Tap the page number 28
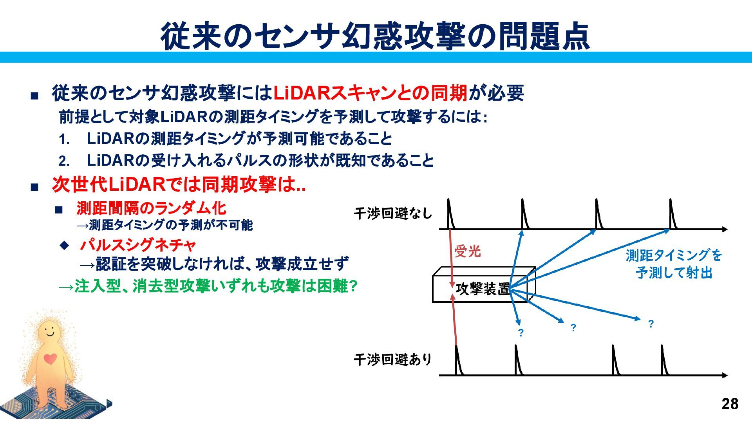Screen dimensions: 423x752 click(730, 404)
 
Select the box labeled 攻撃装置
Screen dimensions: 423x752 click(483, 289)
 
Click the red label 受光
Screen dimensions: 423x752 click(467, 251)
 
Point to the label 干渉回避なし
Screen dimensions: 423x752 click(393, 213)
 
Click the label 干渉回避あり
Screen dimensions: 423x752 click(393, 359)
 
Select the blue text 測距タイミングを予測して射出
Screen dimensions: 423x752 click(674, 264)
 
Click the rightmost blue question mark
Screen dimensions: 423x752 click(651, 324)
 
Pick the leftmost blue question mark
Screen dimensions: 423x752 click(521, 333)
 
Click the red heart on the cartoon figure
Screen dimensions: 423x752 click(50, 358)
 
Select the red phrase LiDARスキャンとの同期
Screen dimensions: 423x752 click(370, 93)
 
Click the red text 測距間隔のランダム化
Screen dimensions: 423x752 click(151, 208)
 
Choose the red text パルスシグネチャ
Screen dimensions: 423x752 click(137, 246)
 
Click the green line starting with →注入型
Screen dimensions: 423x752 click(208, 286)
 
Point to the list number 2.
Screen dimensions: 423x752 click(64, 161)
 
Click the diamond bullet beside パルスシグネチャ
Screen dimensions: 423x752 click(64, 246)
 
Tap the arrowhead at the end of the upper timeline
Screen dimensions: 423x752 click(725, 229)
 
